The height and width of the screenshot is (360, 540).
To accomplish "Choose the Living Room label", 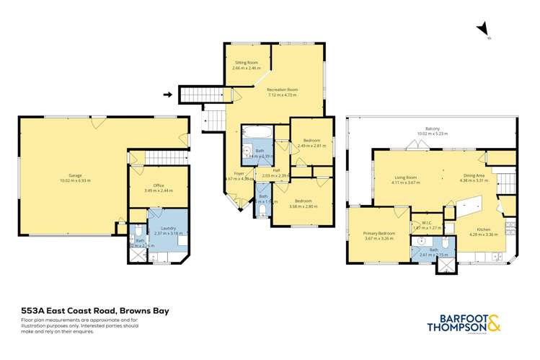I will [x=405, y=177].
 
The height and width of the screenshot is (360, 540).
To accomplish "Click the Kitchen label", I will [x=478, y=229].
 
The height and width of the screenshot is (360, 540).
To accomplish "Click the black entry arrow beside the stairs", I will [x=167, y=94].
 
